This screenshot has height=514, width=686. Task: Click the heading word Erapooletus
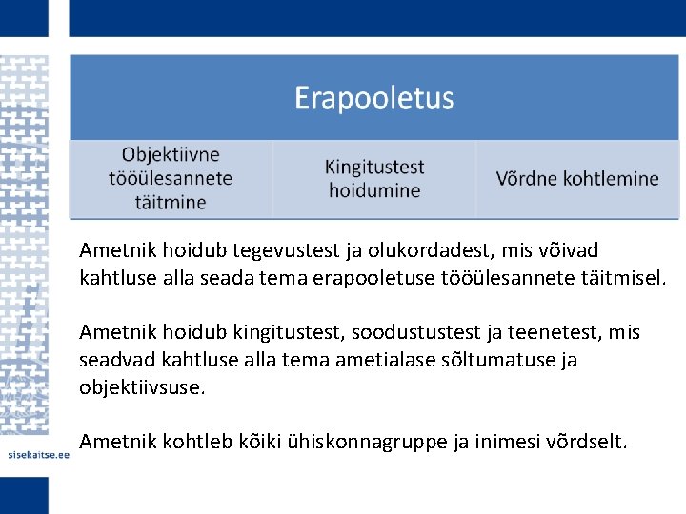pyautogui.click(x=373, y=98)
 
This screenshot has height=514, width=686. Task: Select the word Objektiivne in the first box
pyautogui.click(x=171, y=154)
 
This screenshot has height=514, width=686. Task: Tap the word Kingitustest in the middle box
pyautogui.click(x=374, y=167)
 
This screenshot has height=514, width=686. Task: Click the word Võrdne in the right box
pyautogui.click(x=527, y=178)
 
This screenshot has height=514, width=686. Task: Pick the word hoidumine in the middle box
pyautogui.click(x=374, y=190)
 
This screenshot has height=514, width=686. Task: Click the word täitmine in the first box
pyautogui.click(x=171, y=202)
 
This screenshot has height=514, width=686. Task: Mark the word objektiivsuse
pyautogui.click(x=143, y=387)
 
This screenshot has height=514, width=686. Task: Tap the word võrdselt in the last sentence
pyautogui.click(x=587, y=442)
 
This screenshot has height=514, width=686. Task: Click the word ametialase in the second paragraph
pyautogui.click(x=362, y=360)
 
